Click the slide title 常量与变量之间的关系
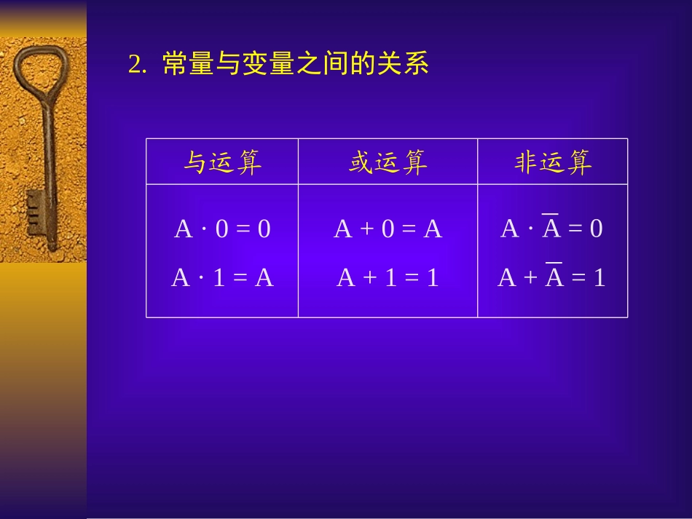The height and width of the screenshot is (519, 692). pyautogui.click(x=296, y=65)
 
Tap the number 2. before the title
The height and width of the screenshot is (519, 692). pyautogui.click(x=138, y=66)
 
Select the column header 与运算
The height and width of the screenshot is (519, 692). pyautogui.click(x=222, y=162)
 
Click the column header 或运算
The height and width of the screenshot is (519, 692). pyautogui.click(x=388, y=162)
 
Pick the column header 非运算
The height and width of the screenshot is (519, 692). pyautogui.click(x=553, y=162)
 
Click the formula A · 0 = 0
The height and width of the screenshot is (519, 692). pyautogui.click(x=222, y=229)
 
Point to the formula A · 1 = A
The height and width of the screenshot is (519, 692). pyautogui.click(x=222, y=277)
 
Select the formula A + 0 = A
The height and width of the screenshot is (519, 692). pyautogui.click(x=388, y=229)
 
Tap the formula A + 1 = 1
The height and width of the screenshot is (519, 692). pyautogui.click(x=388, y=277)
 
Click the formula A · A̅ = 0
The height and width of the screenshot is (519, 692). pyautogui.click(x=551, y=229)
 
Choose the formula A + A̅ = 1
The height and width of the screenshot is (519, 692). pyautogui.click(x=551, y=277)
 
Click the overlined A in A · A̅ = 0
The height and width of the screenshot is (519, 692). pyautogui.click(x=551, y=229)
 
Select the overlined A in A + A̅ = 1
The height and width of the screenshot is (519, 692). pyautogui.click(x=554, y=277)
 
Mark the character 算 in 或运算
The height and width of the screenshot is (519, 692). pyautogui.click(x=414, y=162)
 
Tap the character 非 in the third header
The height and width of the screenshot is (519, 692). pyautogui.click(x=526, y=162)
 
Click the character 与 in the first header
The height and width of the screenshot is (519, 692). pyautogui.click(x=195, y=162)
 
